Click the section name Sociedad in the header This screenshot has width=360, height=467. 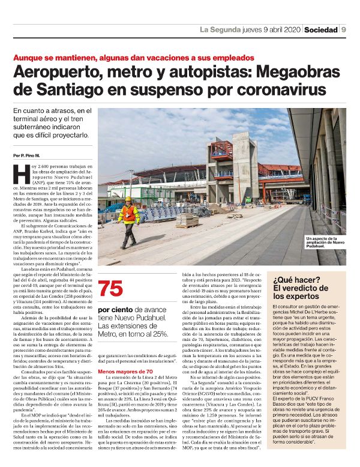(x=320, y=29)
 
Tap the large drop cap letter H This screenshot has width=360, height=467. (x=20, y=175)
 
